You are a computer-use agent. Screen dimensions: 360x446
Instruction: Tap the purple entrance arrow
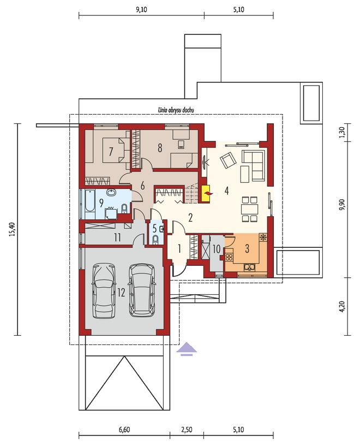point(187,349)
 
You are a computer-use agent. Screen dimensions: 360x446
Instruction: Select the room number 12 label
point(121,293)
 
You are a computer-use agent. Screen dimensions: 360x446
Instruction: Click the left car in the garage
point(105,291)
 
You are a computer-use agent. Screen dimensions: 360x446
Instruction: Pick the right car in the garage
point(142,290)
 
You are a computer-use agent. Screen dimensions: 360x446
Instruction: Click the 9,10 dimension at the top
point(141,10)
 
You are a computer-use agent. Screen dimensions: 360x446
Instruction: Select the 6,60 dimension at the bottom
point(124,430)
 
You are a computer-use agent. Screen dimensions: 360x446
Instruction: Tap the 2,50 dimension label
point(187,430)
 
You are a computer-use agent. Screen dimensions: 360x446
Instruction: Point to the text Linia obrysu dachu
point(176,110)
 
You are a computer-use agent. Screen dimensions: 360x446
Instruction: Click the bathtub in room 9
point(90,204)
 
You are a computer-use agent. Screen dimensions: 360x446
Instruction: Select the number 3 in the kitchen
point(247,248)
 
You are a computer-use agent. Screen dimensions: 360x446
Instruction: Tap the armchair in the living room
point(228,160)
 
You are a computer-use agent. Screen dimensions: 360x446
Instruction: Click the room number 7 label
point(111,151)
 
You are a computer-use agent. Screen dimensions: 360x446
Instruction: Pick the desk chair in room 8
point(181,145)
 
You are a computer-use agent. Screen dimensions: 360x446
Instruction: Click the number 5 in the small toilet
point(155,228)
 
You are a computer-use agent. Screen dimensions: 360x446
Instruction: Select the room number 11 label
point(118,237)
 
